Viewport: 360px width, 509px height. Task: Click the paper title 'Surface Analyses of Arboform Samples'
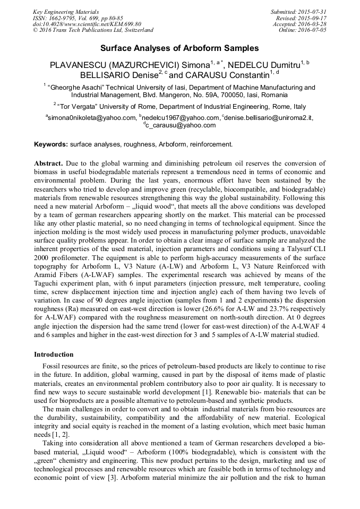pos(179,48)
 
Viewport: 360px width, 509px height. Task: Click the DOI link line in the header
pos(87,24)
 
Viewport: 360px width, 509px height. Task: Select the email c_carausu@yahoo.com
pos(181,125)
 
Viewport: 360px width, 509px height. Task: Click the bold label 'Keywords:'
pos(51,144)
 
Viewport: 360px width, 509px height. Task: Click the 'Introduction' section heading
pos(54,354)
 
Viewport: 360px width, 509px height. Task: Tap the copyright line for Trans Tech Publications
pos(93,30)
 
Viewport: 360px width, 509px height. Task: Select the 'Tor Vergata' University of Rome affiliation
pos(181,106)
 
